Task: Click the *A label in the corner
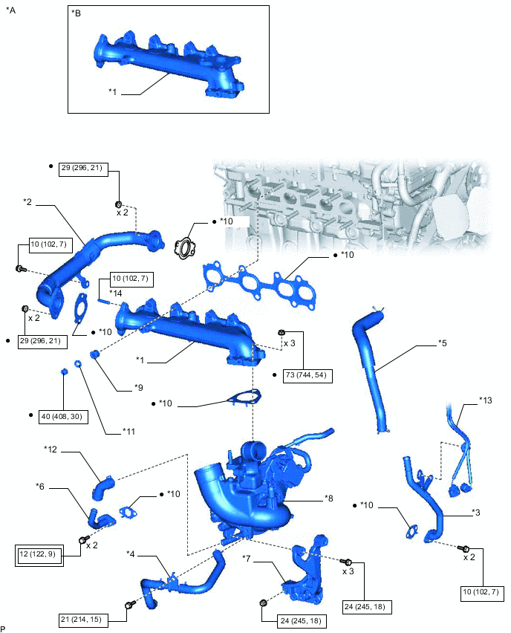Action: pyautogui.click(x=10, y=10)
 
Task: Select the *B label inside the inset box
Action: pyautogui.click(x=77, y=14)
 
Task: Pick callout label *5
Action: pyautogui.click(x=443, y=343)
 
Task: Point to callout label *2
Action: pyautogui.click(x=27, y=201)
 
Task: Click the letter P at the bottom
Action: pyautogui.click(x=4, y=629)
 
